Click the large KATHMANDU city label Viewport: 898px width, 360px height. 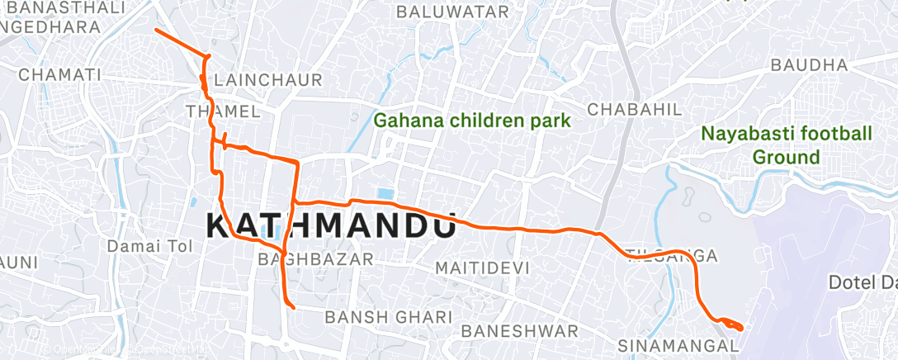330,225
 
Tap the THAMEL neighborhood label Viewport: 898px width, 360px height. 224,111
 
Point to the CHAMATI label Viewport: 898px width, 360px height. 59,74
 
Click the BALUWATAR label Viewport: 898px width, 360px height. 452,12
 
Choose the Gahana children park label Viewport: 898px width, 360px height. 472,121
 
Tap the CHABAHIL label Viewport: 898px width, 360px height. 634,109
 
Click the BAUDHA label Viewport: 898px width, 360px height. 808,64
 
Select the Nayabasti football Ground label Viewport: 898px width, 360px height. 786,144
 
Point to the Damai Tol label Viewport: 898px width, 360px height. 149,246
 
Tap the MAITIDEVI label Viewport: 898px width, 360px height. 484,268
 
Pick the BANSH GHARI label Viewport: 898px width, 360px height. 388,317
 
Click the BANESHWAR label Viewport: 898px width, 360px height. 520,331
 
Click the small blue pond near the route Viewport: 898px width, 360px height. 385,194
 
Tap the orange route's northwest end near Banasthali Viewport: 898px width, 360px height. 156,30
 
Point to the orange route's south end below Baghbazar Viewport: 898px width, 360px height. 293,308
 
